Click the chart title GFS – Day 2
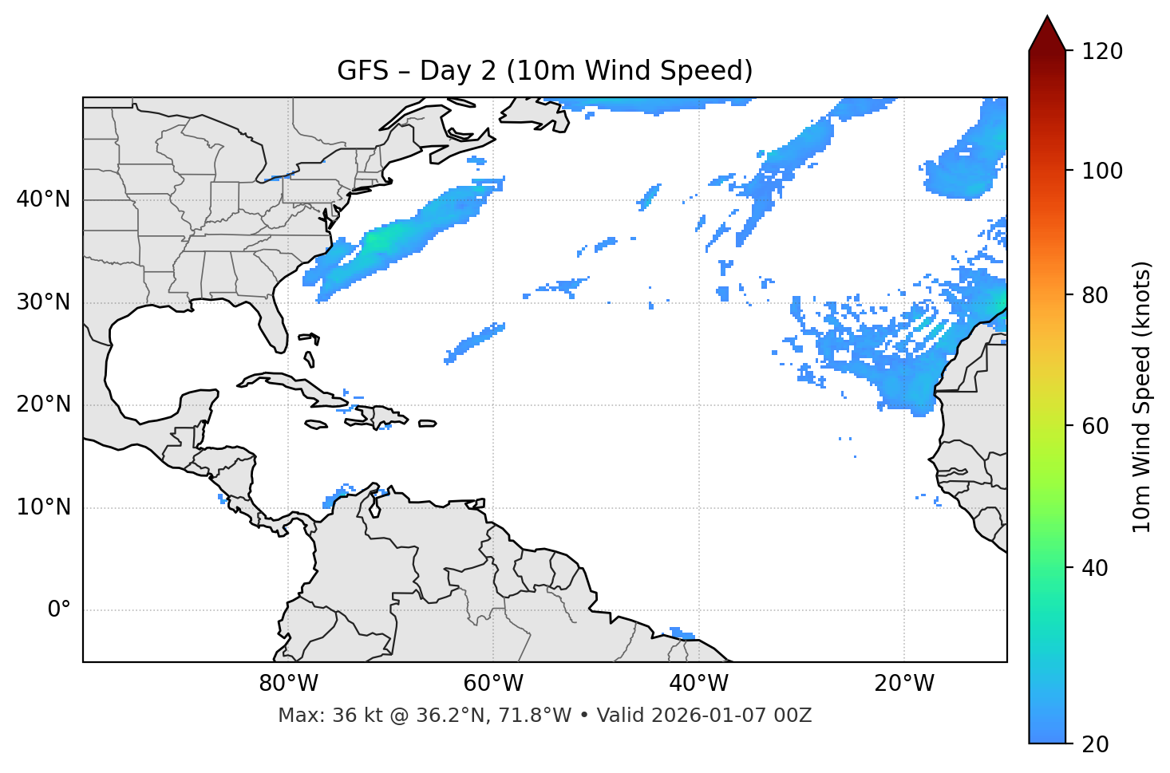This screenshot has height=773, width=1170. pyautogui.click(x=544, y=71)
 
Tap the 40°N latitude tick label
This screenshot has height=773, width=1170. pyautogui.click(x=43, y=199)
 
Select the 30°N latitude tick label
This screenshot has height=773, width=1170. pyautogui.click(x=43, y=302)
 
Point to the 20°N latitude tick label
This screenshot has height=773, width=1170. pyautogui.click(x=43, y=404)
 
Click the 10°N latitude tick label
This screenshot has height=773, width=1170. pyautogui.click(x=43, y=507)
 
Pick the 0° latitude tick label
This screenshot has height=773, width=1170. pyautogui.click(x=58, y=610)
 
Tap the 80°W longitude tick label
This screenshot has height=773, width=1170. pyautogui.click(x=288, y=684)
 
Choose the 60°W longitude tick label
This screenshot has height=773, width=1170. pyautogui.click(x=493, y=684)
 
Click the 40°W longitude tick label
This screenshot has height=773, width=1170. pyautogui.click(x=698, y=684)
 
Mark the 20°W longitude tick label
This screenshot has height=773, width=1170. pyautogui.click(x=903, y=684)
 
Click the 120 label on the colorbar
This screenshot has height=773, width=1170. pyautogui.click(x=1101, y=52)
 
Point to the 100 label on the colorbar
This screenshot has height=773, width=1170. pyautogui.click(x=1101, y=171)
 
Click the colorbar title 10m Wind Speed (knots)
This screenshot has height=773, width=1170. pyautogui.click(x=1142, y=397)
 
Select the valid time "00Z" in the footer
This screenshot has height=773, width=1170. pyautogui.click(x=793, y=716)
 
